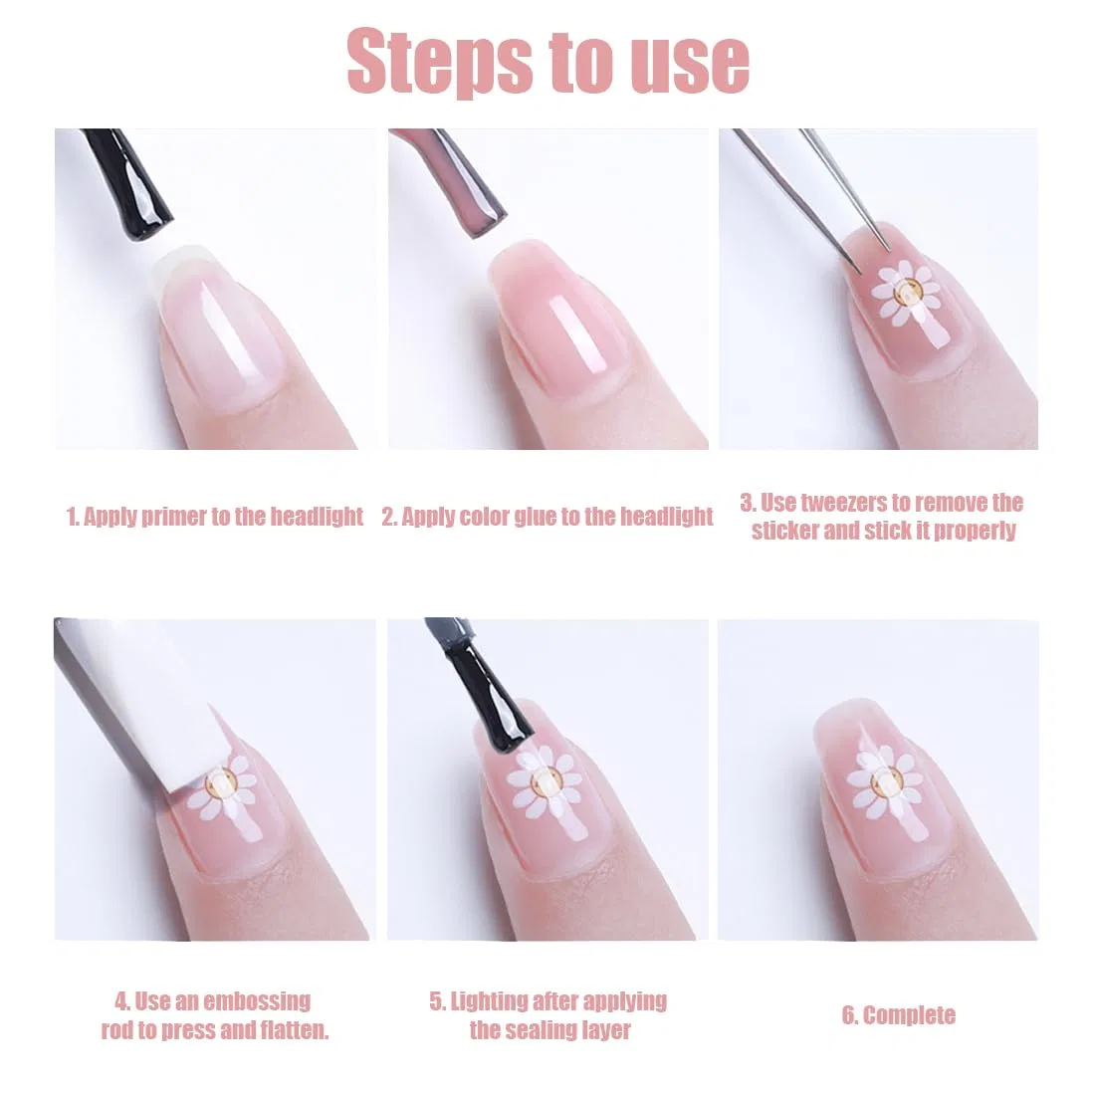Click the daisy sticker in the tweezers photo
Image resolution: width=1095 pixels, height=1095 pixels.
907,292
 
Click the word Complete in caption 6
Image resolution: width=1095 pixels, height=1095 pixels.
909,1015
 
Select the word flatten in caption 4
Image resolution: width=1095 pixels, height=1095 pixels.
294,1030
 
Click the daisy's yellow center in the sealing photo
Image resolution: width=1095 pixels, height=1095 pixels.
544,780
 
